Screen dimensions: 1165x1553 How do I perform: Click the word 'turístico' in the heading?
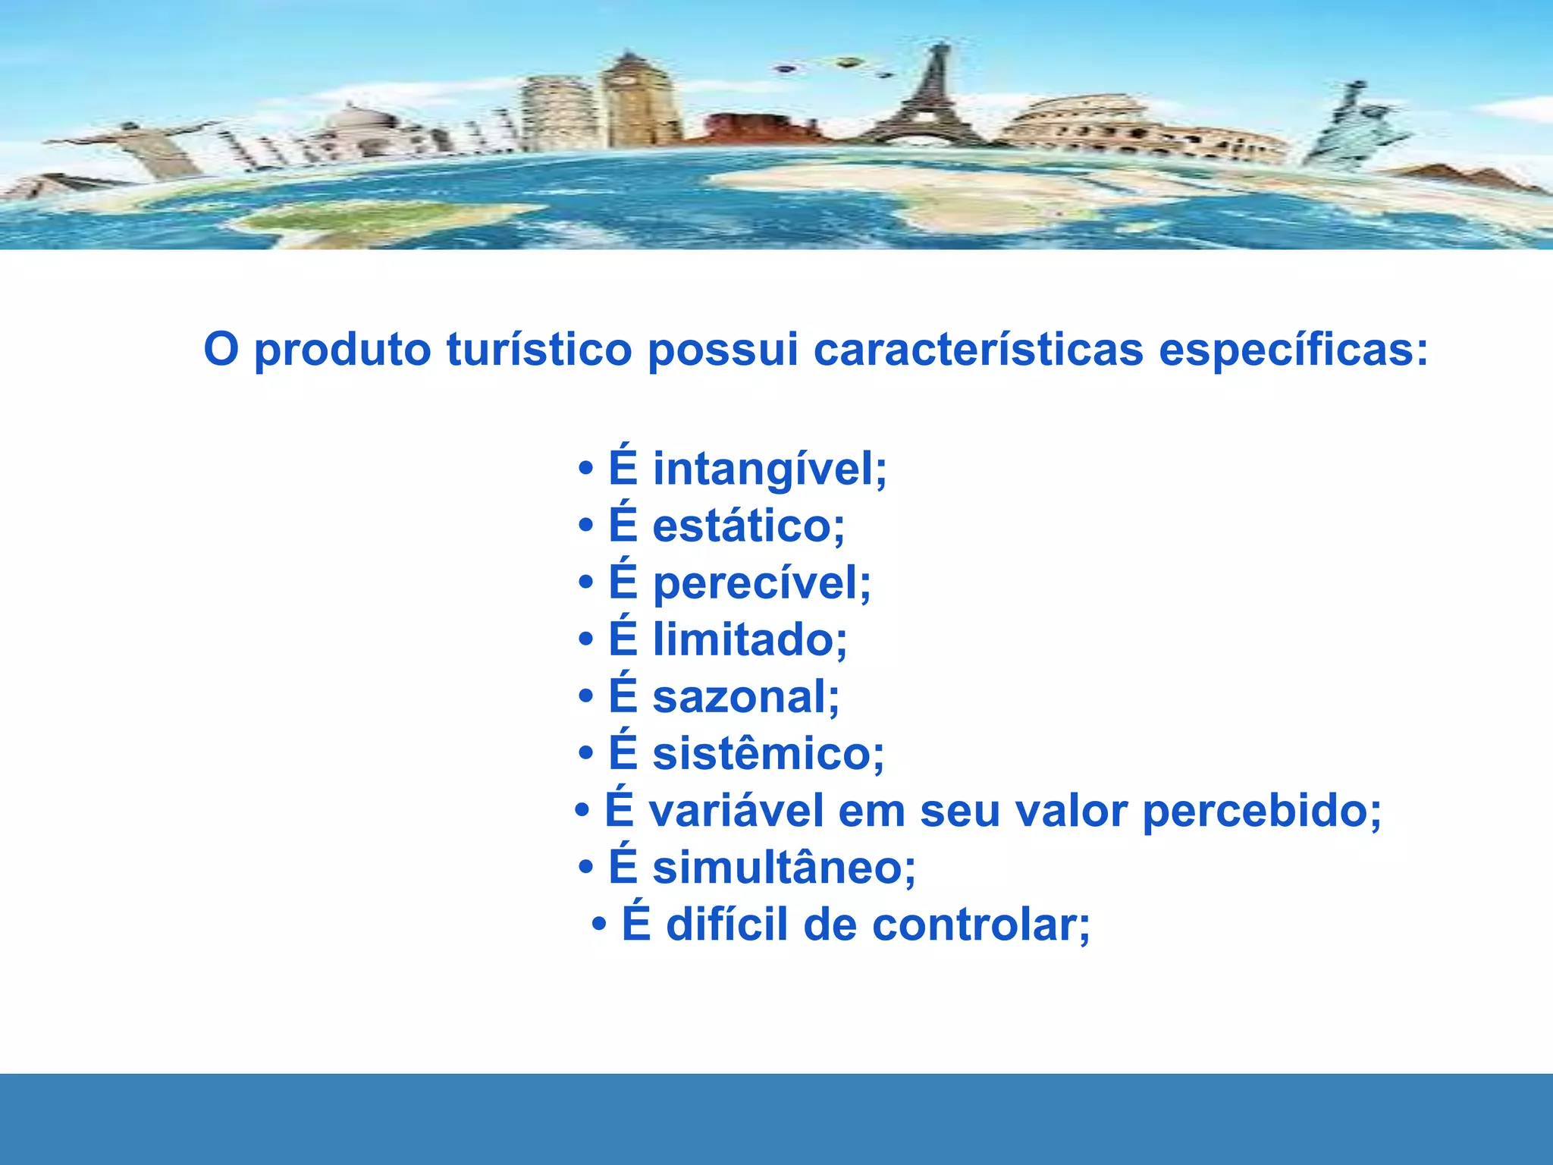[x=539, y=350]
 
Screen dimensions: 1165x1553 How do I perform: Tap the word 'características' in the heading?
[x=977, y=350]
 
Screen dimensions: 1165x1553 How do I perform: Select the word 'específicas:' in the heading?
[x=1293, y=350]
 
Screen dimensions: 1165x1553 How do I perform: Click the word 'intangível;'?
[x=769, y=469]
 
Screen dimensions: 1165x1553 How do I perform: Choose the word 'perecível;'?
[x=761, y=583]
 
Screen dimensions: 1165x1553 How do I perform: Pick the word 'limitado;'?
[x=749, y=640]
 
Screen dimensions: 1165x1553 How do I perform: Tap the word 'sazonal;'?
[x=745, y=697]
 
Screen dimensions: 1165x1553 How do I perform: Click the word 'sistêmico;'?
[x=767, y=754]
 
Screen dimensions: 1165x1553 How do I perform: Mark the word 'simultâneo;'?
[x=783, y=868]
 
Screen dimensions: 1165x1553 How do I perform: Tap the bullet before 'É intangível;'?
[x=585, y=469]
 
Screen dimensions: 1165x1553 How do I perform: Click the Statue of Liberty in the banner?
[x=1354, y=129]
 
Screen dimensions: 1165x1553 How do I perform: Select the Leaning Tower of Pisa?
[x=557, y=114]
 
